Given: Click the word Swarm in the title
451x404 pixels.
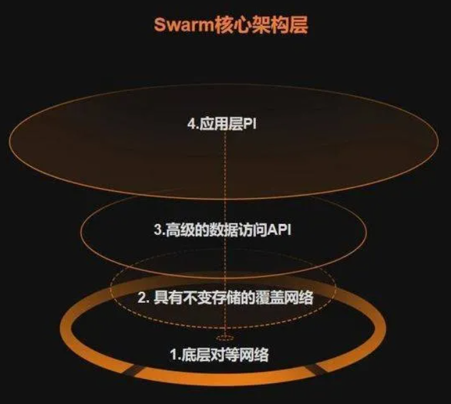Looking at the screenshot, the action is click(183, 24).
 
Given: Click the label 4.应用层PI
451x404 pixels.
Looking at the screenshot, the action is click(221, 124).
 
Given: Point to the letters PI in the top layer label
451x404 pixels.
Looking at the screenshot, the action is click(250, 124).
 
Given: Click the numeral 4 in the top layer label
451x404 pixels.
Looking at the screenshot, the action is click(192, 124).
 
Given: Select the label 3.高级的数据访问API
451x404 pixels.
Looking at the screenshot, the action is click(222, 229).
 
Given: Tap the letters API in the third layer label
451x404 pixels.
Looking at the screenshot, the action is click(279, 230).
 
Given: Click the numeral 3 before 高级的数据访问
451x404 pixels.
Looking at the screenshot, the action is click(158, 230).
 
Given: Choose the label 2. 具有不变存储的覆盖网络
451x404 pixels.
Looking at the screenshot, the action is click(225, 297).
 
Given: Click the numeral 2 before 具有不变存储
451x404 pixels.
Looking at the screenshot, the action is click(142, 298).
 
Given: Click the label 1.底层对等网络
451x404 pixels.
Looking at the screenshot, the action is click(219, 354).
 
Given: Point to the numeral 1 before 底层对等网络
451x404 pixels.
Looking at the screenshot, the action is click(174, 355).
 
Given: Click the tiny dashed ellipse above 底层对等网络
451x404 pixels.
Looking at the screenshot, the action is click(225, 337).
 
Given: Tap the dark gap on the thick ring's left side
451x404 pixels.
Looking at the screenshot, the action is click(134, 371).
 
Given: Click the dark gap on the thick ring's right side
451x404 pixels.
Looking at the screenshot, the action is click(312, 369).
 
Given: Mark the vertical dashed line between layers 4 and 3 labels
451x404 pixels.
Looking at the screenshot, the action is click(225, 177).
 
